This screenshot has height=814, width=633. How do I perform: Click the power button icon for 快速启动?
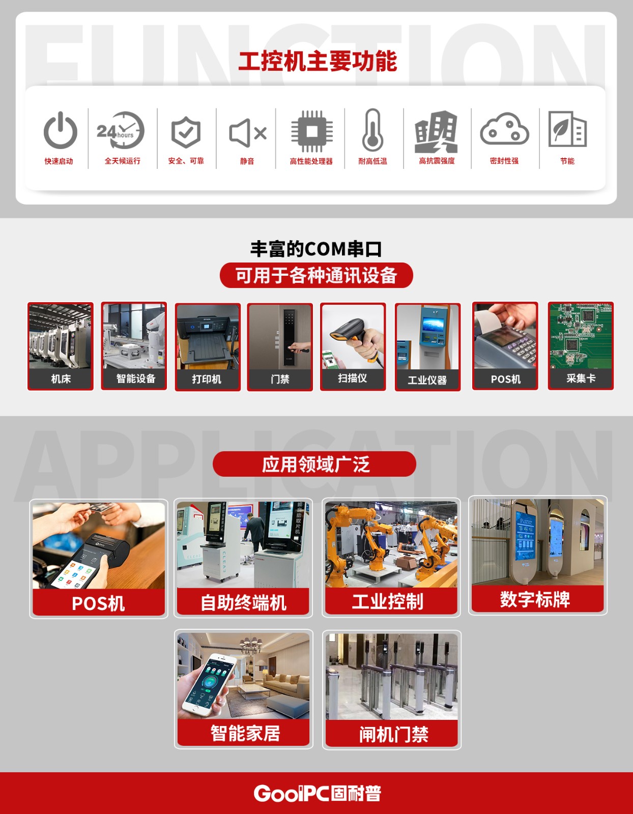coord(60,131)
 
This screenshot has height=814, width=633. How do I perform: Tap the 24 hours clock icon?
coord(121,130)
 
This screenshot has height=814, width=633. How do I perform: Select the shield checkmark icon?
coord(186,132)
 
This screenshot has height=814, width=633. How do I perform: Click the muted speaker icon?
coord(247,133)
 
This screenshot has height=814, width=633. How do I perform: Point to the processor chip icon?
coord(311,131)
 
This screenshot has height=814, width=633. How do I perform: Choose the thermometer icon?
coord(373,130)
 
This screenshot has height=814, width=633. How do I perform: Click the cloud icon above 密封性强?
coord(504,130)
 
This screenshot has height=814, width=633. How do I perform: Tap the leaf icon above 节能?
coord(567,129)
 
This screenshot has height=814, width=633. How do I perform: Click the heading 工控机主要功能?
coord(318,62)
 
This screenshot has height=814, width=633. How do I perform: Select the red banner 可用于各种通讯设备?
coord(316,275)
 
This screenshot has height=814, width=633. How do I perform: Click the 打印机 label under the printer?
coord(207,379)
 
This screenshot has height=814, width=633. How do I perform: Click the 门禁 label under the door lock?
coord(280,379)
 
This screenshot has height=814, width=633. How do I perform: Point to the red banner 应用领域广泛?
coord(314,464)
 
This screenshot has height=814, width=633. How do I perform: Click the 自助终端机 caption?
coord(243,603)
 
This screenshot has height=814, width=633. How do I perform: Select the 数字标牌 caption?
coord(535,599)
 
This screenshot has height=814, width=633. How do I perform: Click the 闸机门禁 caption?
coord(393,734)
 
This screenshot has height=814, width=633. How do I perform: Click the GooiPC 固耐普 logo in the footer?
coord(317,793)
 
